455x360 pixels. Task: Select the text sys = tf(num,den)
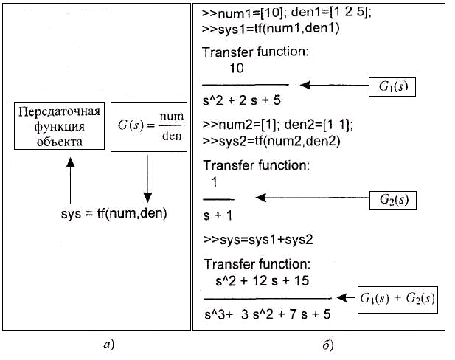(114, 215)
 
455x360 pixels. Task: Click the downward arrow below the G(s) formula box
(147, 177)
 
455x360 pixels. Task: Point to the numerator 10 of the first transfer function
(237, 69)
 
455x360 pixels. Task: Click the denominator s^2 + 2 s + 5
(242, 99)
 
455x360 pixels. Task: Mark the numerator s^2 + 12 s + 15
(262, 281)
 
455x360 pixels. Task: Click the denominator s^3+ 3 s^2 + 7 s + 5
(267, 314)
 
